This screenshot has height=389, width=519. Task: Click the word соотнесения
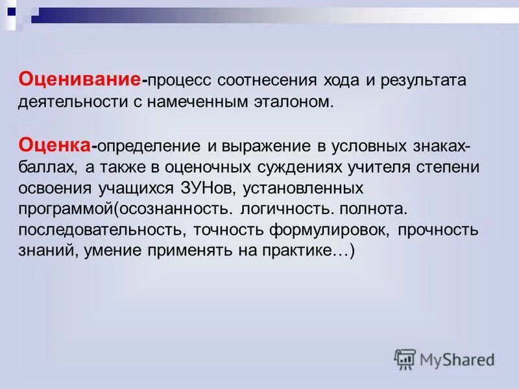click(x=267, y=81)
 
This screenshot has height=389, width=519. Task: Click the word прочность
click(x=438, y=230)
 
